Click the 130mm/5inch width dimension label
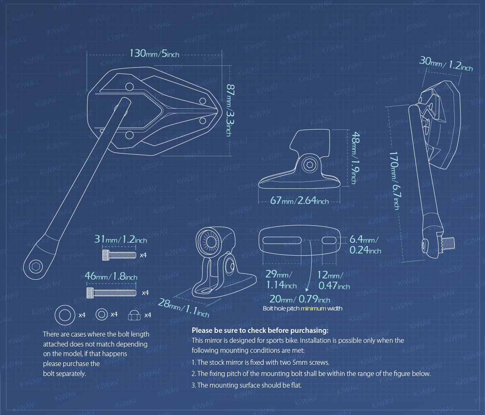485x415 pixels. (x=154, y=54)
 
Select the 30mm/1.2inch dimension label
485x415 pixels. (x=446, y=64)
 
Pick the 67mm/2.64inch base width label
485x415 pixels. (x=299, y=201)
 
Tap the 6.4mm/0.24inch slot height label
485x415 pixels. (x=365, y=244)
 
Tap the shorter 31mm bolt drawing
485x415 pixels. (x=119, y=254)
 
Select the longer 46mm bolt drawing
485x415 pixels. (x=111, y=293)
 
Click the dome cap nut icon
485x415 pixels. (x=134, y=315)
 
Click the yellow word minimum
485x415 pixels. (x=314, y=308)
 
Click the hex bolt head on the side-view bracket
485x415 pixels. (x=309, y=165)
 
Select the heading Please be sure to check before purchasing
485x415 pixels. (x=260, y=330)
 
